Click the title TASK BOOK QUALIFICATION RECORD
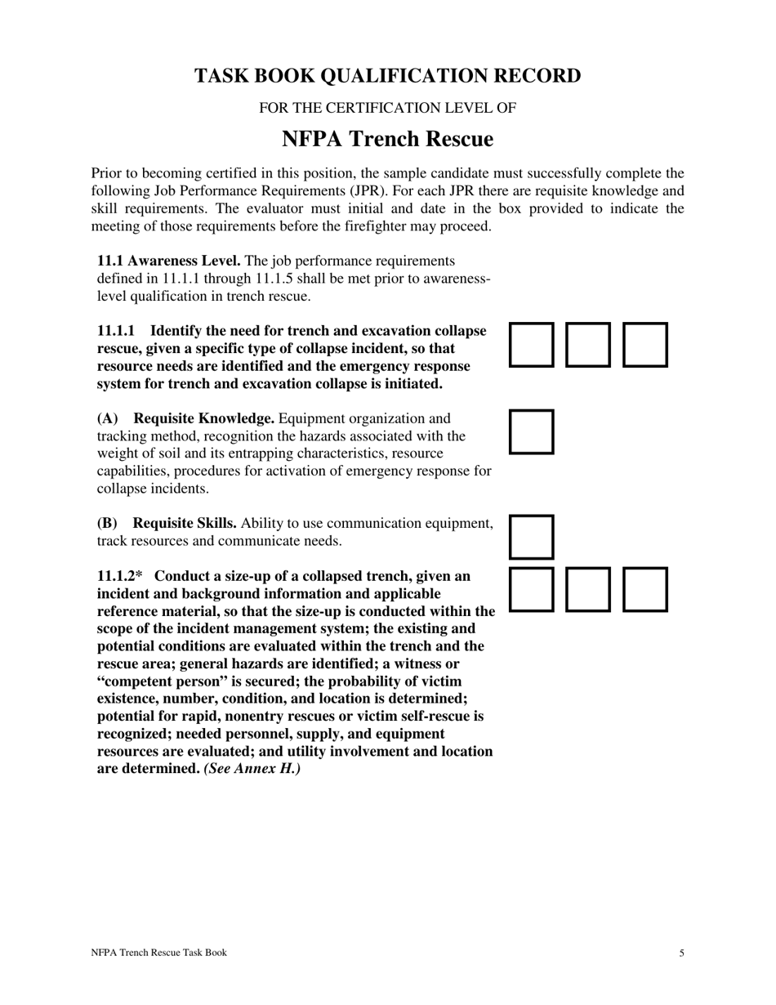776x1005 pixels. pos(387,76)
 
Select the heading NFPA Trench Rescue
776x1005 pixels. pos(387,140)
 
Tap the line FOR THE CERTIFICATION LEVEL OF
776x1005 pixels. pos(387,108)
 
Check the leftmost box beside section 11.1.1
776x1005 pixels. pos(532,344)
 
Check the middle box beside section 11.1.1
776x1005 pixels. pos(589,344)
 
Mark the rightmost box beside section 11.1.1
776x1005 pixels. pos(645,344)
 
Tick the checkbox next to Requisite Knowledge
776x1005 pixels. pos(532,431)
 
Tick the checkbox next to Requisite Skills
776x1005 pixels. pos(532,537)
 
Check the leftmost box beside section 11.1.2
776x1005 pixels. pos(532,589)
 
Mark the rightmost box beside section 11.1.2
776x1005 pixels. pos(645,589)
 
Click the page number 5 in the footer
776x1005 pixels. pos(681,953)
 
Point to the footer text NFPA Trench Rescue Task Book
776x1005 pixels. pos(158,953)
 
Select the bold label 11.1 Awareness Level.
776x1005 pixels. pos(168,261)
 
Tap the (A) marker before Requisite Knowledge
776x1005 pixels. pos(108,418)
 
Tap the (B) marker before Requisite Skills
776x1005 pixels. pos(108,523)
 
